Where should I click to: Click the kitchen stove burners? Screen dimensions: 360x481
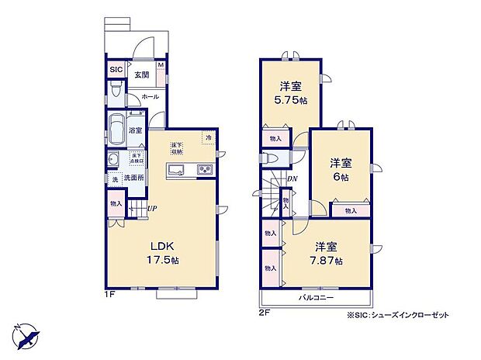click(205, 171)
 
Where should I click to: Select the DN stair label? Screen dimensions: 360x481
click(292, 180)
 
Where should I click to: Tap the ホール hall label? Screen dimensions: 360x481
click(151, 97)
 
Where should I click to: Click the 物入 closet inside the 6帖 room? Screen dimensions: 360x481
click(351, 210)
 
